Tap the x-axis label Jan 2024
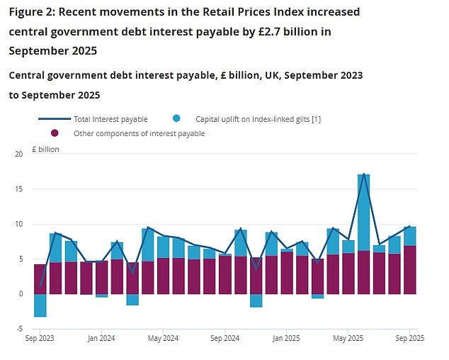[102, 339]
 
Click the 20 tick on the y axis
[19, 154]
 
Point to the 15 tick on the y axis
[19, 189]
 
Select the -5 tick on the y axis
[20, 329]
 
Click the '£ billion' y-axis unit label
[47, 150]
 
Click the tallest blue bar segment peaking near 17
[363, 213]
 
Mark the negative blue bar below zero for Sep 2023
[40, 305]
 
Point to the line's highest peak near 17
[363, 174]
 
